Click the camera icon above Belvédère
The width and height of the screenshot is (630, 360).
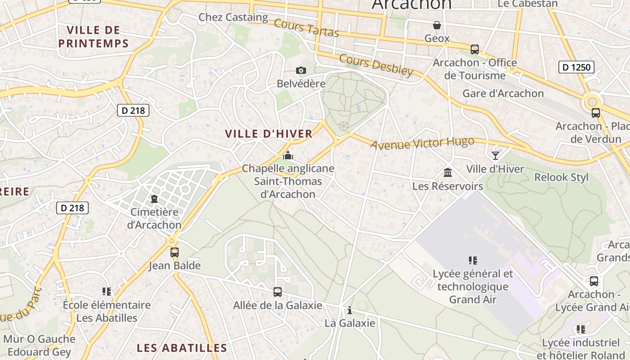(301, 70)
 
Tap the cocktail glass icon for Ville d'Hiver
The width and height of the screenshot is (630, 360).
(495, 155)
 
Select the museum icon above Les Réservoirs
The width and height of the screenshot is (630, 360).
(448, 172)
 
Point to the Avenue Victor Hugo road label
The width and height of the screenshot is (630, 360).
(422, 143)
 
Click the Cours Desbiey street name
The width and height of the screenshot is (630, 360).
(376, 65)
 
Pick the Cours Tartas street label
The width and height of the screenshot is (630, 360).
(306, 28)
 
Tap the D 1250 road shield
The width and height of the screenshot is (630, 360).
(576, 67)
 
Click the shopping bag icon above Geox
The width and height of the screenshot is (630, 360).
(436, 25)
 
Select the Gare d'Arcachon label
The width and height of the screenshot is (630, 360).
(503, 94)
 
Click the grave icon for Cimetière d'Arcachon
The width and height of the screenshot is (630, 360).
(154, 198)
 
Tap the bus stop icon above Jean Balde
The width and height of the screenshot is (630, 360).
(175, 252)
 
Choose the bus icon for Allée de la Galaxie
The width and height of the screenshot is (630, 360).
(278, 292)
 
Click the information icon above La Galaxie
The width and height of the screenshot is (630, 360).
(350, 310)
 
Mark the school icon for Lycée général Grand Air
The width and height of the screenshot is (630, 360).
(472, 260)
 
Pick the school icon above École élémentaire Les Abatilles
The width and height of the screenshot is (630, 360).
(106, 292)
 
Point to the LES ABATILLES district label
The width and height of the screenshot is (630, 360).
(182, 348)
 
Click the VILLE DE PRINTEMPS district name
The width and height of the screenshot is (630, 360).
(94, 37)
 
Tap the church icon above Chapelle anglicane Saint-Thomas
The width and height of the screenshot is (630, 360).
(288, 156)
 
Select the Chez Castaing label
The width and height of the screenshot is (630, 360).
(233, 18)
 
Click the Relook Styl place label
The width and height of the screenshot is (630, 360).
(561, 177)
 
